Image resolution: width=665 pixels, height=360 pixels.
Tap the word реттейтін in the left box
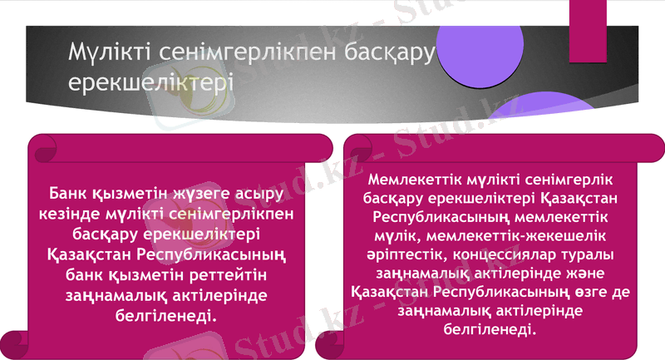point(233,274)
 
